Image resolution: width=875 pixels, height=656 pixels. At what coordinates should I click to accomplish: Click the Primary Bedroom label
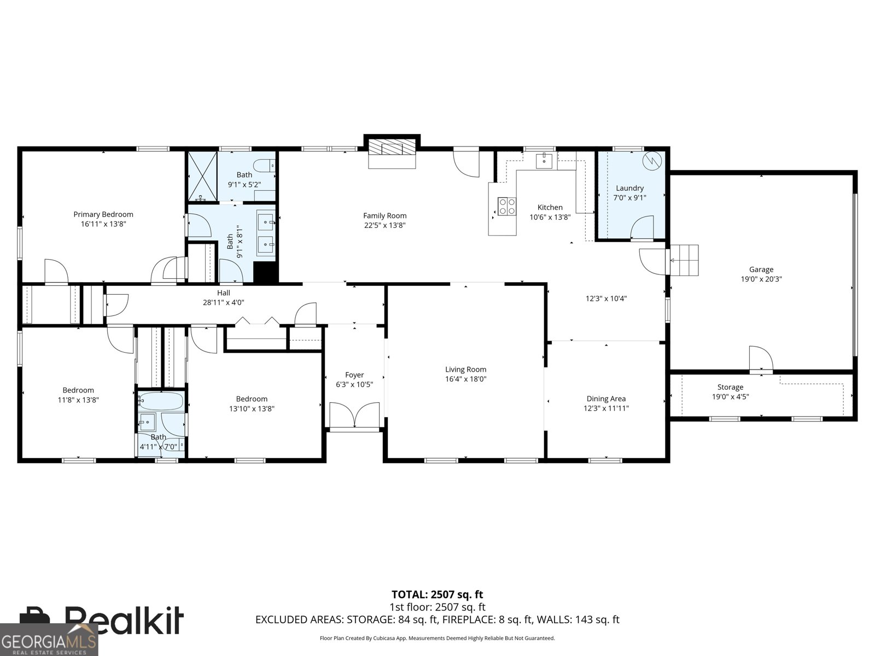[103, 214]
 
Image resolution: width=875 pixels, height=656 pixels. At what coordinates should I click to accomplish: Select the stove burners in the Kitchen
[506, 206]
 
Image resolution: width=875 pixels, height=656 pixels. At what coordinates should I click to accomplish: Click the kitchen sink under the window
[544, 161]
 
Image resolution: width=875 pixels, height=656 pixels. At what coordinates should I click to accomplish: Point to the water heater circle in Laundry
[652, 161]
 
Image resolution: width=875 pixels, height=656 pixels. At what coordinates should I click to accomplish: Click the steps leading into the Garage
[684, 260]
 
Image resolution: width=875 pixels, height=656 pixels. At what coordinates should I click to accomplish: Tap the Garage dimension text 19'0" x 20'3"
[761, 279]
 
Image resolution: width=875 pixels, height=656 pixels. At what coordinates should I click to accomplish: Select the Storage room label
[730, 386]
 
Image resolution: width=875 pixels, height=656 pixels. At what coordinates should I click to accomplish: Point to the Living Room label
[465, 369]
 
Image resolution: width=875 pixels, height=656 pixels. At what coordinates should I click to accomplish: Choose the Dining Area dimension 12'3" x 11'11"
[606, 408]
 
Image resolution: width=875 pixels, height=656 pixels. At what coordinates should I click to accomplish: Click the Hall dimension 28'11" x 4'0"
[223, 302]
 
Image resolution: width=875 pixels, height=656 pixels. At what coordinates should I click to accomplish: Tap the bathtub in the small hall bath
[161, 401]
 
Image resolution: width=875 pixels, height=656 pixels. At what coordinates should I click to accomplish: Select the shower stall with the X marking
[202, 176]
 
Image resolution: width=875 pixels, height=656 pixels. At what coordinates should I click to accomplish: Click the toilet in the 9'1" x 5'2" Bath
[264, 165]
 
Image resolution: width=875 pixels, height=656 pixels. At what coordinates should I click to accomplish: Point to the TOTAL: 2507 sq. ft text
[437, 595]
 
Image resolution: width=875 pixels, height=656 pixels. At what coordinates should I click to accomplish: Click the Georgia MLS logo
[49, 639]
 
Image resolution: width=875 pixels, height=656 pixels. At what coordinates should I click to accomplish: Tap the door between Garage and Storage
[761, 360]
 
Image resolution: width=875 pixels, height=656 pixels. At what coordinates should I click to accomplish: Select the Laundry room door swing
[642, 228]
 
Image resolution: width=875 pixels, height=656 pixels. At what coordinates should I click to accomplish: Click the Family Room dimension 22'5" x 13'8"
[384, 225]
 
